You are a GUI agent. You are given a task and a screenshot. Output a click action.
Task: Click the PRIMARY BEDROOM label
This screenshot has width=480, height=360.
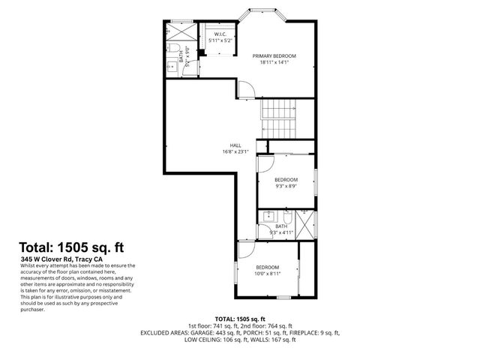[274, 55]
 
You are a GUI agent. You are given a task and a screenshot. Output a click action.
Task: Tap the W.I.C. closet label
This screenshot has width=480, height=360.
[220, 34]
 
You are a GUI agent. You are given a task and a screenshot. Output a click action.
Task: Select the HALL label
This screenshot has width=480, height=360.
[234, 145]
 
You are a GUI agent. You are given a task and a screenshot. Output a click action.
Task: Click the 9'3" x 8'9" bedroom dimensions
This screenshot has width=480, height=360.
[286, 187]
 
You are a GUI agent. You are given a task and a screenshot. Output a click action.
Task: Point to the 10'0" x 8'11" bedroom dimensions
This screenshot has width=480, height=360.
[267, 274]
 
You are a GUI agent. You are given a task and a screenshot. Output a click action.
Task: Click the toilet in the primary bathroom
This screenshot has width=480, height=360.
[172, 49]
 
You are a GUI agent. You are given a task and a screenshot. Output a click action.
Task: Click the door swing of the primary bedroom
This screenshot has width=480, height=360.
[247, 89]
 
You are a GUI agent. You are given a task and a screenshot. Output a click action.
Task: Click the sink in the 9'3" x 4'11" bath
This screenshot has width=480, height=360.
[269, 217]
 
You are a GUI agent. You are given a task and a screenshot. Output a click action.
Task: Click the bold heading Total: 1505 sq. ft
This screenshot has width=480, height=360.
[70, 247]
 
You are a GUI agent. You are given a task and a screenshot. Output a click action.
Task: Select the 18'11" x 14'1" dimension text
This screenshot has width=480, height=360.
[274, 63]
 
